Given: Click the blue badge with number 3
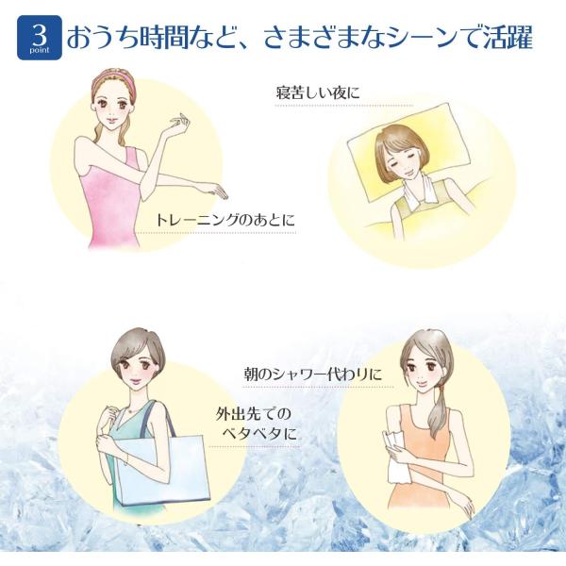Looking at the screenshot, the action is click(x=40, y=37).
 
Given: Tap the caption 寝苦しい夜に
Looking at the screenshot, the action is click(x=318, y=92).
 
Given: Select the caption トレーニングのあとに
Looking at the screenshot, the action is click(x=225, y=220).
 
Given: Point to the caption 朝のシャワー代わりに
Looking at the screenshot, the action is click(x=313, y=374).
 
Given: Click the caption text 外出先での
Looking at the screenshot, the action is click(x=254, y=414).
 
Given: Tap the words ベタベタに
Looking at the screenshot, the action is click(x=259, y=433).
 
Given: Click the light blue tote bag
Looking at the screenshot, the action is click(x=163, y=469).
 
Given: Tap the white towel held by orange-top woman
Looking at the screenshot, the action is click(x=395, y=456).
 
